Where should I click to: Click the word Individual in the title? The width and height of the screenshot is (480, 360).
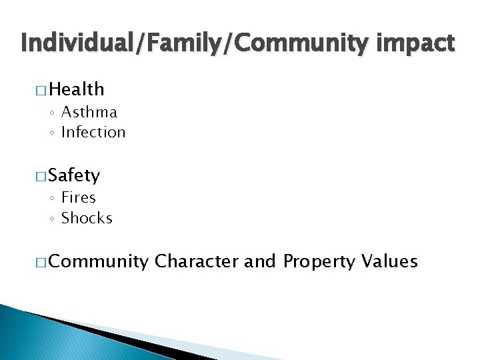coord(75,44)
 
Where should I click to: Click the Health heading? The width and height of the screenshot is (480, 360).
coord(77,89)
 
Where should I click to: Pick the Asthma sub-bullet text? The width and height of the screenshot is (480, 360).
coord(89,112)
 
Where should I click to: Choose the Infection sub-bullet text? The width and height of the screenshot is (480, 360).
coord(93,132)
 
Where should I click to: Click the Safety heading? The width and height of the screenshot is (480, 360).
coord(75,175)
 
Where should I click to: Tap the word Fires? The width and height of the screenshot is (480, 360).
coord(79,197)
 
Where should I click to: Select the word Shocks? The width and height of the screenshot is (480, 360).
coord(87,218)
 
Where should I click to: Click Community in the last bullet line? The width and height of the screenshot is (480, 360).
coord(99,261)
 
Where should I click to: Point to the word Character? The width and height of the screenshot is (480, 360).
coord(197,261)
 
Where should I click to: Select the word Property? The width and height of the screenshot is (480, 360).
coord(319,261)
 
